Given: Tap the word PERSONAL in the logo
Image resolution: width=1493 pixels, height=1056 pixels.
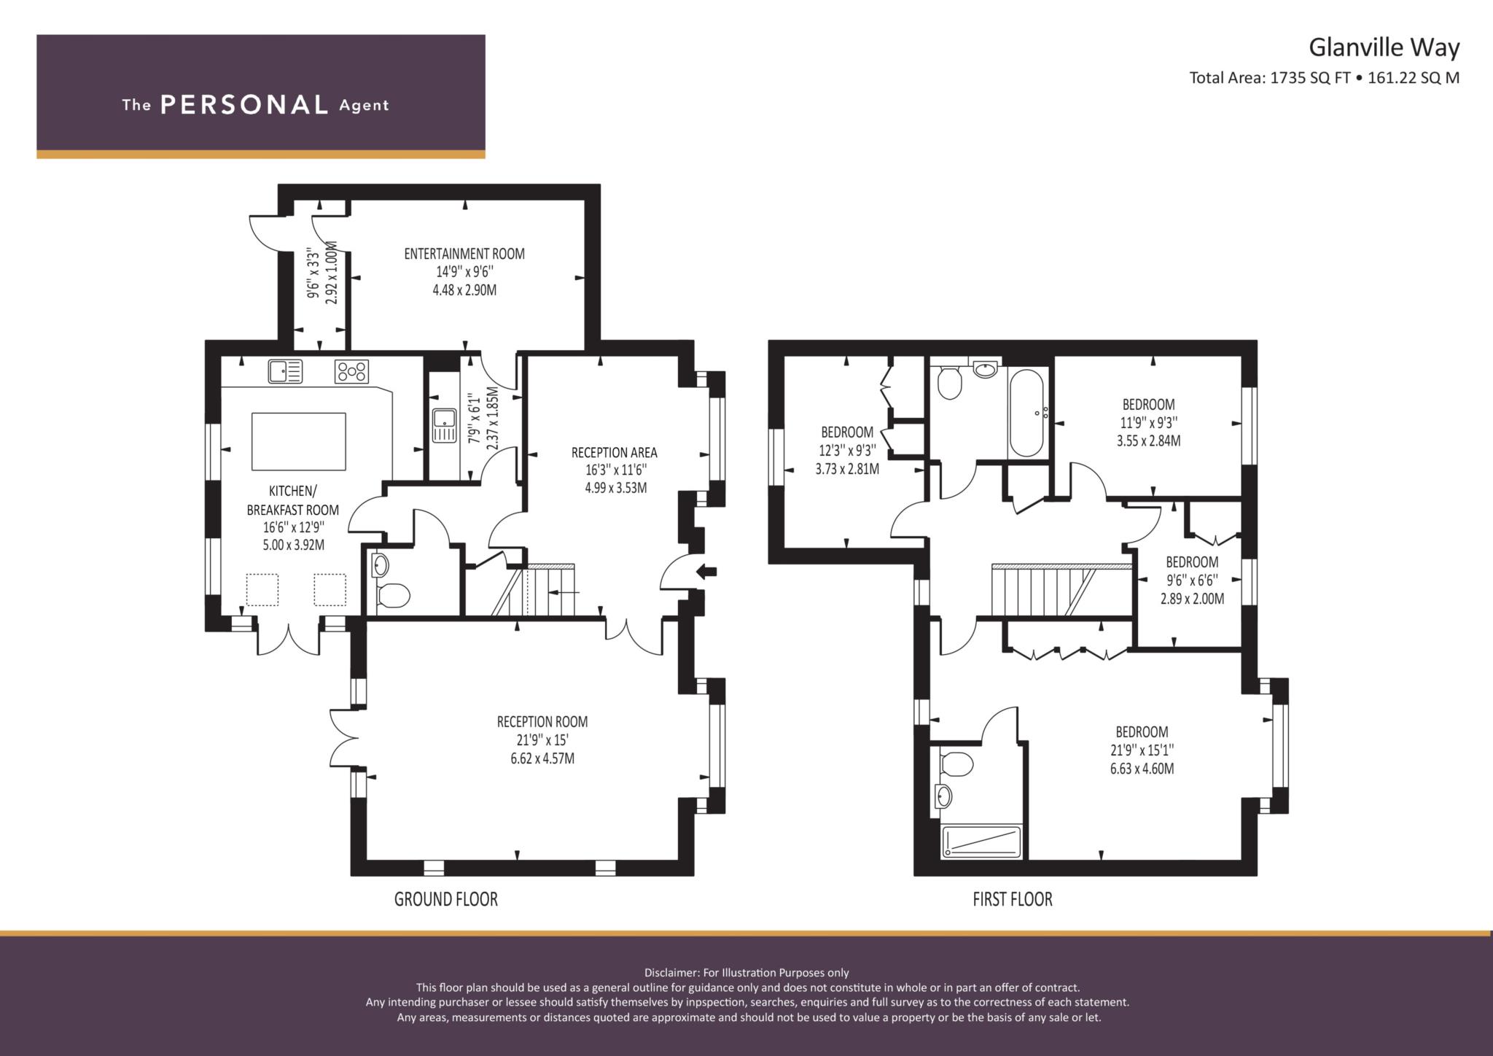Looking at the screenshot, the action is [244, 105].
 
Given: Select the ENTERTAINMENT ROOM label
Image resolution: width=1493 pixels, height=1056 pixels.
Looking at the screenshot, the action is [464, 254].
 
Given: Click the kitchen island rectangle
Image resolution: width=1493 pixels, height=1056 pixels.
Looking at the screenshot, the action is [299, 441].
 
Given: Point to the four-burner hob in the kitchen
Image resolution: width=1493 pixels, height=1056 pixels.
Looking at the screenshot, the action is [352, 371].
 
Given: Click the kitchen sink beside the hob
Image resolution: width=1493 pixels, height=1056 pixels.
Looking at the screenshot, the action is [285, 371].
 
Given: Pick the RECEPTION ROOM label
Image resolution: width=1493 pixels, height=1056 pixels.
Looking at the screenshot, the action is [542, 722].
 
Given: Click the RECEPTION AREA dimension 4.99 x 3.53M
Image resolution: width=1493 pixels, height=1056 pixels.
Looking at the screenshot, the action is [615, 488].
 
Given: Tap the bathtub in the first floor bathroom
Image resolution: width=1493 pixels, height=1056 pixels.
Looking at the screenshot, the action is [1028, 414].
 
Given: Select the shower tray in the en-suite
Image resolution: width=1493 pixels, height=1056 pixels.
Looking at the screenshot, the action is [983, 841].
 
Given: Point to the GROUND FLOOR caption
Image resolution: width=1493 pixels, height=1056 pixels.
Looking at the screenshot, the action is [446, 899].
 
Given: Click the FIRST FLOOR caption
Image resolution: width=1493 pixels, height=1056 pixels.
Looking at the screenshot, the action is [1013, 899].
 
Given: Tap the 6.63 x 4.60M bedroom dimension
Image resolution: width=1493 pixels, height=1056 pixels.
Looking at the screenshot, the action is [1142, 769].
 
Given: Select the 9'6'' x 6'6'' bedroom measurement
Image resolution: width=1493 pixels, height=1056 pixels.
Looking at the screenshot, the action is [1192, 581].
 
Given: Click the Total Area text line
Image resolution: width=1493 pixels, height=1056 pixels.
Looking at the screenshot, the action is [1325, 78].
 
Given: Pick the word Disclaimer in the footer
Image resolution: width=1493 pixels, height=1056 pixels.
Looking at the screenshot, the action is [671, 972].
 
